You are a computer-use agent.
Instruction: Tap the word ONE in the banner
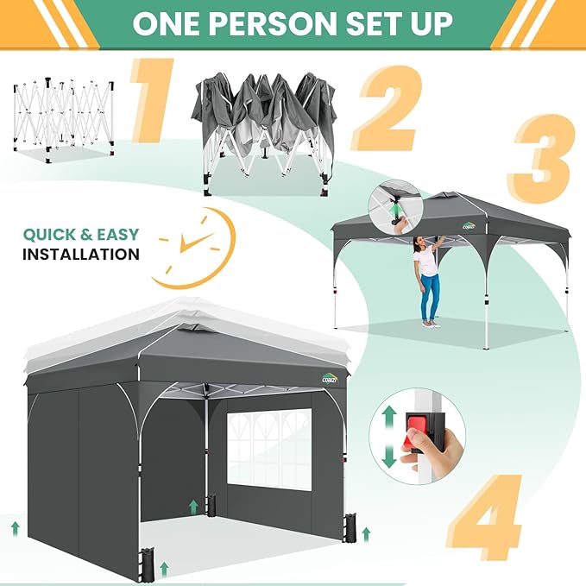[166, 23]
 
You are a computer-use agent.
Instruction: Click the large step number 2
[388, 109]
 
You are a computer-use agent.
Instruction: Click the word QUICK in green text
[49, 235]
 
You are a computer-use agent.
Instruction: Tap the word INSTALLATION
[81, 255]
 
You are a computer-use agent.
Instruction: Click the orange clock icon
[193, 249]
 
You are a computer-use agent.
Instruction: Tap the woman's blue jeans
[430, 296]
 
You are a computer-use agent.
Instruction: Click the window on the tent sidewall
[269, 448]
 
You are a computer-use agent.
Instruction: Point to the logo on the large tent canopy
[330, 379]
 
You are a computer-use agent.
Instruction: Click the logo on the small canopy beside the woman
[469, 225]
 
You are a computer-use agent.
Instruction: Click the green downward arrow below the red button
[389, 455]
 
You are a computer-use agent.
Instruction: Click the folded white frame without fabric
[64, 120]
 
